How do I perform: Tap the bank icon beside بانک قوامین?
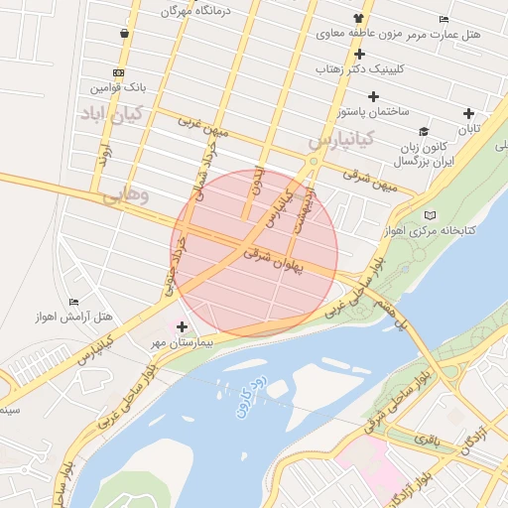click(119, 72)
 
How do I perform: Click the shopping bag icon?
click(123, 34)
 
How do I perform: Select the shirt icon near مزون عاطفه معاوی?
click(358, 19)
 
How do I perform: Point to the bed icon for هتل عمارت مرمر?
click(444, 20)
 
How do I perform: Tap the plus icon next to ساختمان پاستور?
click(373, 96)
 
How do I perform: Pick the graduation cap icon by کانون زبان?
click(424, 131)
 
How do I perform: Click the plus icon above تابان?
click(468, 113)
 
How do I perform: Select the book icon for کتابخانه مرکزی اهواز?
click(430, 214)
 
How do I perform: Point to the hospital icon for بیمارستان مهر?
click(182, 325)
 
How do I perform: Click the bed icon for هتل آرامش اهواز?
click(73, 302)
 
